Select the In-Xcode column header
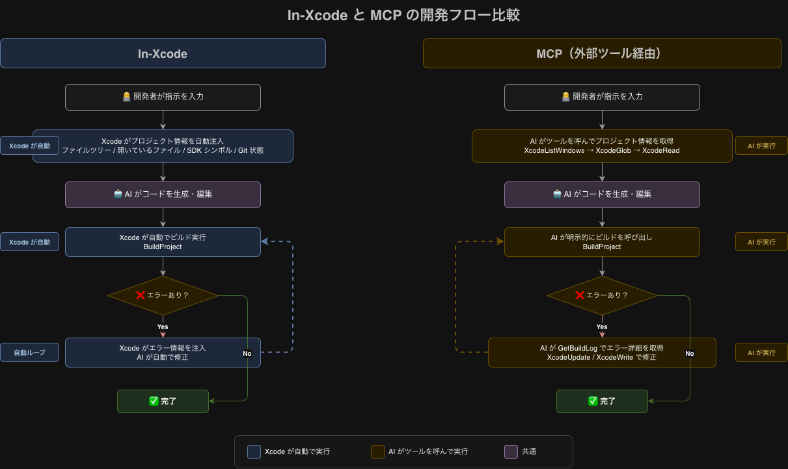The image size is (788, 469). point(163,53)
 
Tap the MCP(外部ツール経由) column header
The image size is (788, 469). point(602,53)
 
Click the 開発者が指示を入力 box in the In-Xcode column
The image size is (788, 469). point(163,97)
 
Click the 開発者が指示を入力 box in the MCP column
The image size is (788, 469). point(602,97)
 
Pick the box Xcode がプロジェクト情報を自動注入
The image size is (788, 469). point(163,146)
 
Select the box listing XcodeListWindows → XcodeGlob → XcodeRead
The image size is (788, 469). point(602,146)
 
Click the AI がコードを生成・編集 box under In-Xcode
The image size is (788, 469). point(163,194)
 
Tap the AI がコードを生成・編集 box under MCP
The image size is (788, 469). point(602,194)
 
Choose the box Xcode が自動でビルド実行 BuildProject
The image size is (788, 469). point(163,242)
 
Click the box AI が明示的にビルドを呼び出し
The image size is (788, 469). point(602,242)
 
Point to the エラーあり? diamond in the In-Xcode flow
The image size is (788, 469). point(163,295)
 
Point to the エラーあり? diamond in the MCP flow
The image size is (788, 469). point(602,295)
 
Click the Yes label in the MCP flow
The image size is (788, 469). point(602,327)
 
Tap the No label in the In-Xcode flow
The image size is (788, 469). point(247,354)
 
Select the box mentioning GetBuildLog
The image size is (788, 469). point(602,353)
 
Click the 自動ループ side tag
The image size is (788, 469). point(30,353)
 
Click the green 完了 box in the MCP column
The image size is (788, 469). point(602,401)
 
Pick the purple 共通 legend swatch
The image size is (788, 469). point(511,451)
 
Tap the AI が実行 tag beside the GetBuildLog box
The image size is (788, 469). point(761,353)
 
